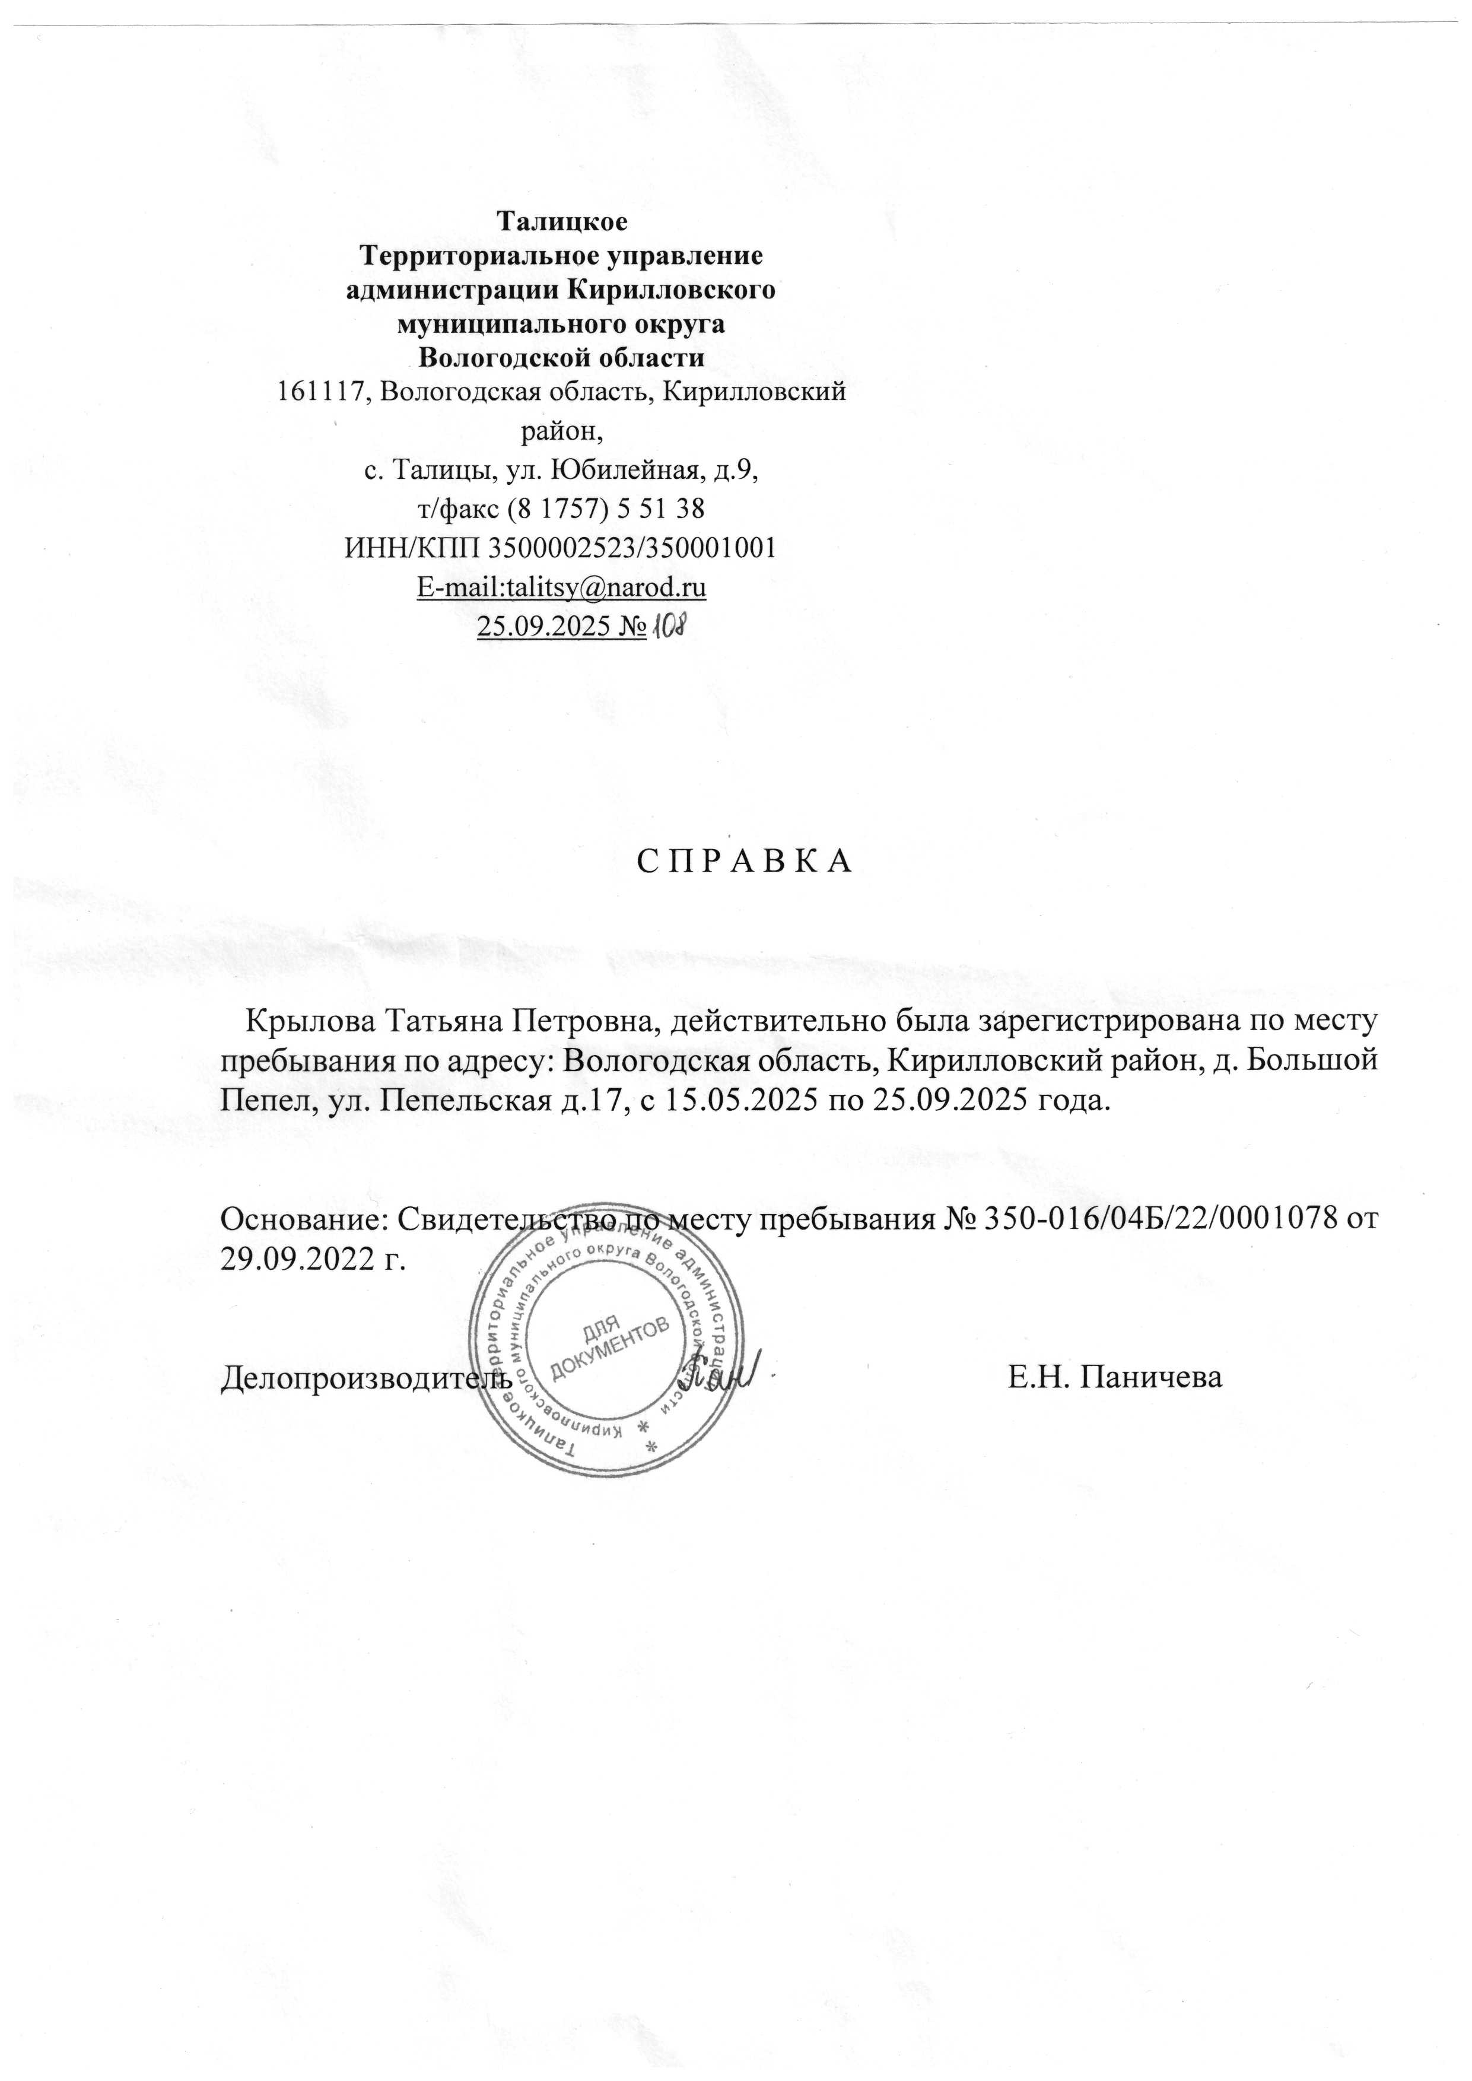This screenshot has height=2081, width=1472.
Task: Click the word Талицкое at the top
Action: (561, 220)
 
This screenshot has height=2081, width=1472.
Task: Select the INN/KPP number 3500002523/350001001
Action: (632, 548)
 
